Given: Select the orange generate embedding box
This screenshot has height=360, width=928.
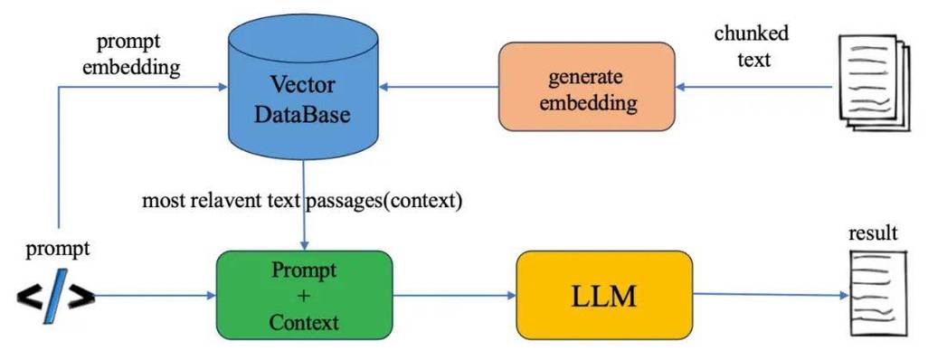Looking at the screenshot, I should [587, 87].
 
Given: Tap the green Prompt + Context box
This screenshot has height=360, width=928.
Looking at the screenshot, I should [304, 295].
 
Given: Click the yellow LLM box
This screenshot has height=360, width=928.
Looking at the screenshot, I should [603, 295].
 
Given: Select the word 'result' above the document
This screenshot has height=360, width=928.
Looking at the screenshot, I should [873, 233].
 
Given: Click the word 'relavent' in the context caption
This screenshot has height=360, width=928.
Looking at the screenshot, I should [235, 201].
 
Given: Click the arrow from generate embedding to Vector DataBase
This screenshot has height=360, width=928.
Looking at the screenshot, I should [439, 87].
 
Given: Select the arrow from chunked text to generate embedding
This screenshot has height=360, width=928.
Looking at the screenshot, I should [755, 87].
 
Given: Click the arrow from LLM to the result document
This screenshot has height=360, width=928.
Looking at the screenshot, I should [769, 295].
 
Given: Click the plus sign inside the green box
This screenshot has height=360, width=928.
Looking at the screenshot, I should [304, 296].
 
